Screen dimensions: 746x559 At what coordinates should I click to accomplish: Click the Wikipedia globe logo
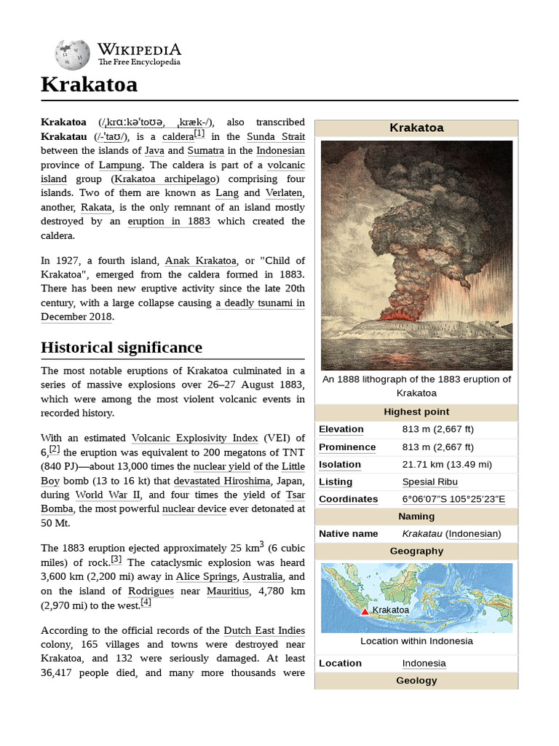72,55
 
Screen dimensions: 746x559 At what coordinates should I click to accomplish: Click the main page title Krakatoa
89,85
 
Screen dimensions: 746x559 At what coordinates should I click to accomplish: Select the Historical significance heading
121,347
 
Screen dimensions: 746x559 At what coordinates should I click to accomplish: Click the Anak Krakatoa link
200,261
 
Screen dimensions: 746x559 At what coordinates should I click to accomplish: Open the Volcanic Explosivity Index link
194,438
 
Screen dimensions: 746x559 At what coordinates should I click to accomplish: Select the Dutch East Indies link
264,630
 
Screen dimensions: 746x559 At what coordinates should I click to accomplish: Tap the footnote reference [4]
146,602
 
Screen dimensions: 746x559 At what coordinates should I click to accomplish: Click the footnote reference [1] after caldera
199,134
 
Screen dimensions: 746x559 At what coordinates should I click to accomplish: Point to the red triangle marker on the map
365,611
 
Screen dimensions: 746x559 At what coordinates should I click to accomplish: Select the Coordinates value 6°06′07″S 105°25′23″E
453,499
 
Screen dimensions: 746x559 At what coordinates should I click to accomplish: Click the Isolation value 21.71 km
447,464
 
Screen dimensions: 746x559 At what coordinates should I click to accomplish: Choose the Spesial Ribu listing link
429,482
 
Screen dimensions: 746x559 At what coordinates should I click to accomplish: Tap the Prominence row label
347,447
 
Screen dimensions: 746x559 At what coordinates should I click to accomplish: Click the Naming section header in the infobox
416,517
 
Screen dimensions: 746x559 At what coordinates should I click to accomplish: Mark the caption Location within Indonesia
416,641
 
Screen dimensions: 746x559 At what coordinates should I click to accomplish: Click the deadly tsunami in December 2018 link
260,303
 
